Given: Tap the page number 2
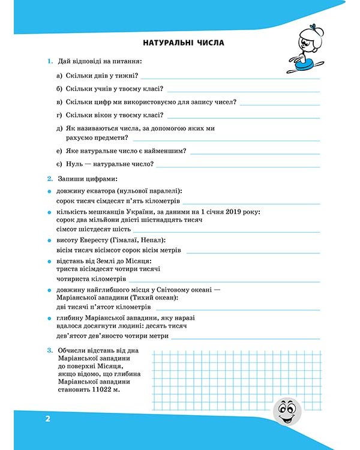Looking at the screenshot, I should click(47, 418).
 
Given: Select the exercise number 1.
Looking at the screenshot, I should click(49, 61).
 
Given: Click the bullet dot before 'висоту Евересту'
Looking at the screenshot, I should click(49, 240).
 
